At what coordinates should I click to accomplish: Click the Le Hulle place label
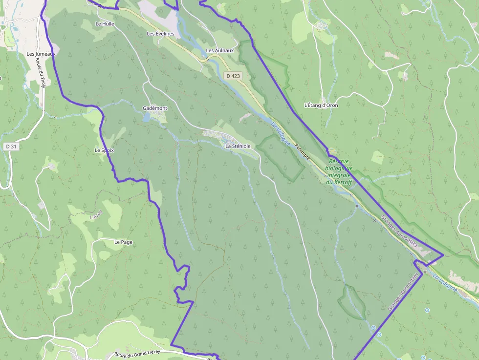coord(105,23)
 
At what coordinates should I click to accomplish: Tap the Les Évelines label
coord(160,34)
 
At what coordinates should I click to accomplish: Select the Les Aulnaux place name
coord(220,50)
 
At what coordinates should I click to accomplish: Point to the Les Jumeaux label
coord(42,54)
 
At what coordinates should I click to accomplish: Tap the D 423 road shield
coord(234,76)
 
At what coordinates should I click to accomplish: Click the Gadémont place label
coord(154,108)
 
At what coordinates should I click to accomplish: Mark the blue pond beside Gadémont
coord(147,118)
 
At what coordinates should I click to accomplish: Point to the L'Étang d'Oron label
coord(321,105)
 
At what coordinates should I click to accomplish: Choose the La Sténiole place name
coord(238,146)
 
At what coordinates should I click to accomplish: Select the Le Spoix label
coord(104,150)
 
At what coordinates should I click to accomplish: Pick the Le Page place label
coord(123,242)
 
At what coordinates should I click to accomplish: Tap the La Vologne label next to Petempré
coord(280,132)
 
